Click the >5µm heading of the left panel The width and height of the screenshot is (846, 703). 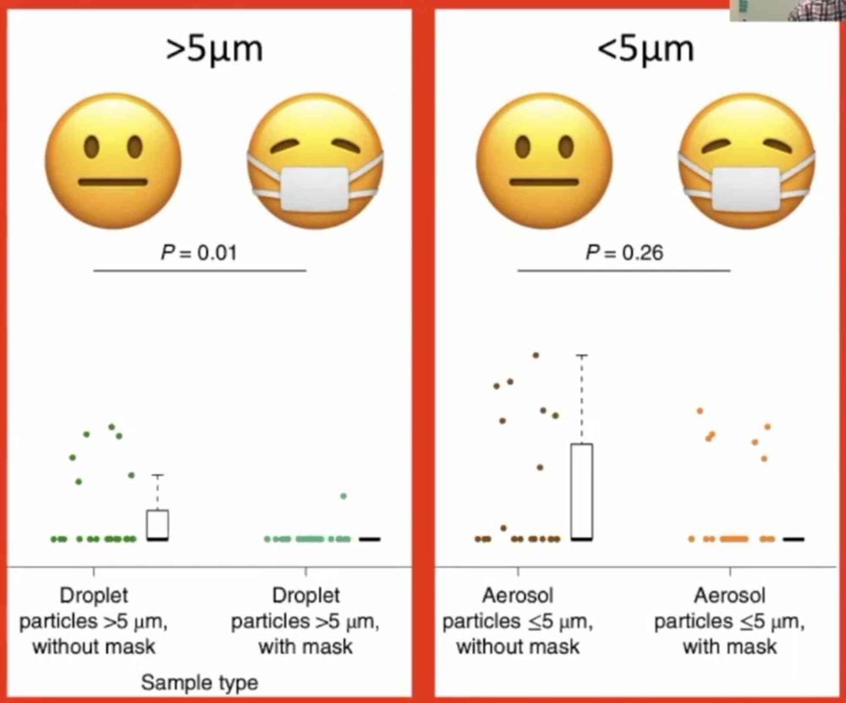[214, 49]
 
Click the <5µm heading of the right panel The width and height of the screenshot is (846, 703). [645, 49]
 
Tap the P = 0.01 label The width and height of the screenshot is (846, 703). [200, 253]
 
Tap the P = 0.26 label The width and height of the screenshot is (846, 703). [624, 253]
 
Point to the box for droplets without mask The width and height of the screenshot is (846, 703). [157, 525]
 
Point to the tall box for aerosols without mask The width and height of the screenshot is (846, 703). [581, 491]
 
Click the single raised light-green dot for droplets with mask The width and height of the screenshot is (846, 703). [343, 496]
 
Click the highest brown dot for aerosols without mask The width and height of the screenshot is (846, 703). [536, 355]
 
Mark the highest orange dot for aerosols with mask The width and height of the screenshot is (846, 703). [700, 411]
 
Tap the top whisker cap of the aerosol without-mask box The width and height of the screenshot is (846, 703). [581, 356]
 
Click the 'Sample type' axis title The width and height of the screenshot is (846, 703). [200, 682]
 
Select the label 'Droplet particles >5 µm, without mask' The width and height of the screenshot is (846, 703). [94, 622]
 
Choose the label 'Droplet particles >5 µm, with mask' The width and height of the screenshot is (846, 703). [305, 622]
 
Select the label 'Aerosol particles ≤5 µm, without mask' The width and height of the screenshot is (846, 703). [518, 622]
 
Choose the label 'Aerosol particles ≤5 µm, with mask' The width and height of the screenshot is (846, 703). [729, 622]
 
